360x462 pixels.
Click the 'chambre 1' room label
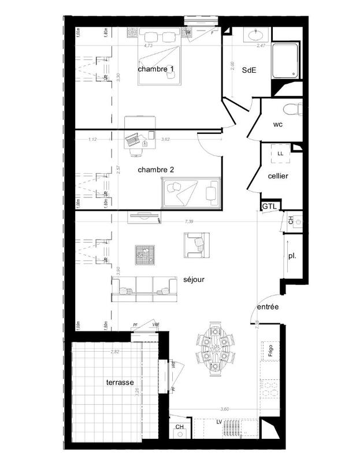click(x=156, y=69)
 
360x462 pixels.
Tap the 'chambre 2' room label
click(x=156, y=170)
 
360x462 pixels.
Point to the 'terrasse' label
click(x=120, y=383)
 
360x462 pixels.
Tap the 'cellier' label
click(x=278, y=176)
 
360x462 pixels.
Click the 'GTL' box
click(x=269, y=206)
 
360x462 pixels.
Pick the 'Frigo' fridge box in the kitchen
click(x=269, y=350)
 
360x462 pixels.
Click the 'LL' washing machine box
click(x=280, y=154)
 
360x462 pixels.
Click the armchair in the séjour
click(x=195, y=245)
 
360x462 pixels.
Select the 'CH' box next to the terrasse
click(x=180, y=428)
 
